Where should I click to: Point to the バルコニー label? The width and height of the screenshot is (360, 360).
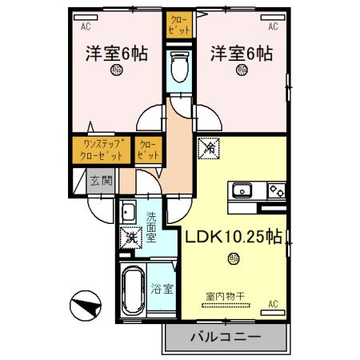pyautogui.click(x=225, y=338)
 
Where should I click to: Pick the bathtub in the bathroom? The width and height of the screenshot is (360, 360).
pyautogui.click(x=133, y=290)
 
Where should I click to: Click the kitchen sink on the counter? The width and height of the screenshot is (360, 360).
pyautogui.click(x=242, y=190)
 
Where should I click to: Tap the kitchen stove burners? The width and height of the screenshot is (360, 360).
pyautogui.click(x=275, y=190)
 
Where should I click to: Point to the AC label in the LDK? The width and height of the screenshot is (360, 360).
pyautogui.click(x=273, y=303)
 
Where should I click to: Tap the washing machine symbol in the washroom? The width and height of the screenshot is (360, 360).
pyautogui.click(x=129, y=237)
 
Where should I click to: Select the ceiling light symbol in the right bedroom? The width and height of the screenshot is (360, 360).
pyautogui.click(x=242, y=70)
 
